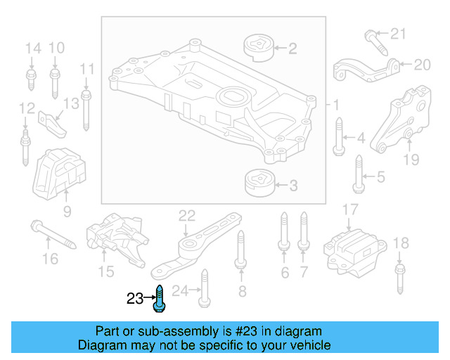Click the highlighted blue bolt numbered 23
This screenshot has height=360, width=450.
[160, 298]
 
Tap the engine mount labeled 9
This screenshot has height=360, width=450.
[59, 174]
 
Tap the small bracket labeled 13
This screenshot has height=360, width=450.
[53, 123]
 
